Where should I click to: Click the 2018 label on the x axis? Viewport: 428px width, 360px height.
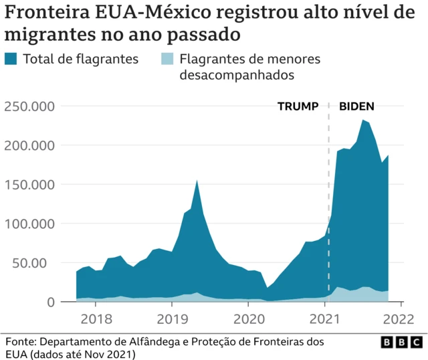point(96,318)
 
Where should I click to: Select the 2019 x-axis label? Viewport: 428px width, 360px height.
point(172,318)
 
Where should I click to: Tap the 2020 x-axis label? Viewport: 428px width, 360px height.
point(248,318)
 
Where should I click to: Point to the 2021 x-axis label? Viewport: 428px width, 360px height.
point(324,318)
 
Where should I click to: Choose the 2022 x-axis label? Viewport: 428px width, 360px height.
point(401,318)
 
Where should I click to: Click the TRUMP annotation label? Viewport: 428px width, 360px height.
point(298,106)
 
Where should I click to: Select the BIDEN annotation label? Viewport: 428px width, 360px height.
point(356,106)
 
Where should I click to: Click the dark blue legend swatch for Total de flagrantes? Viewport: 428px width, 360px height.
point(11,60)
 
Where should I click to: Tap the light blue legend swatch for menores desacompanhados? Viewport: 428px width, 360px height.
point(168,60)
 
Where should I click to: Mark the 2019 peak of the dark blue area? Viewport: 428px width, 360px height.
point(197,181)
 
